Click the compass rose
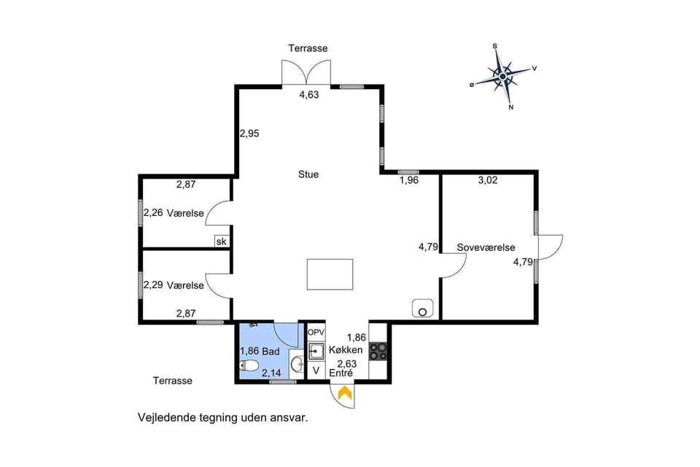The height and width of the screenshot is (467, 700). [502, 76]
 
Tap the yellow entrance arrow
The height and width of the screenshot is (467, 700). [343, 393]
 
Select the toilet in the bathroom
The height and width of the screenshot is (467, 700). [249, 365]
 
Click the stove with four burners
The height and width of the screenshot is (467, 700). [378, 351]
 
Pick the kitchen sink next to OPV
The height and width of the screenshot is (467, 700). [315, 352]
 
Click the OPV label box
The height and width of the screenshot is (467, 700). [315, 332]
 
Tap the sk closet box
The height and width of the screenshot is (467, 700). [221, 242]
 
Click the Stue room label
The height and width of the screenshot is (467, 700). [308, 174]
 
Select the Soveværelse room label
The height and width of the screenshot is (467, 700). [486, 247]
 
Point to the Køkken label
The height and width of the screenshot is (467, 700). [341, 350]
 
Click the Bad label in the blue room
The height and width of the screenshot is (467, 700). [271, 351]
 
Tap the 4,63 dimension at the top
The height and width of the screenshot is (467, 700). [310, 95]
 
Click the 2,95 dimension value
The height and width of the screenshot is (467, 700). [249, 134]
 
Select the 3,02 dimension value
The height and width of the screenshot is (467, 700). [487, 180]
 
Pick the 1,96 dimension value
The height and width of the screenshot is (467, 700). [408, 180]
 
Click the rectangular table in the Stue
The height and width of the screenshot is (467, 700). [330, 275]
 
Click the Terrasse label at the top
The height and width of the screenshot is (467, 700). [308, 48]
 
